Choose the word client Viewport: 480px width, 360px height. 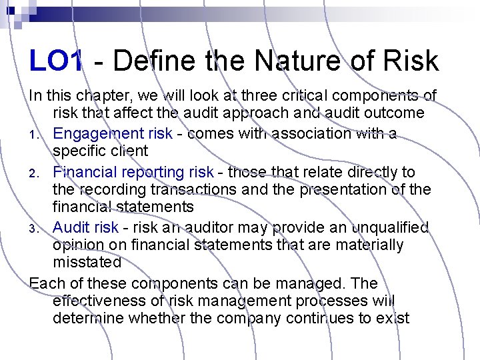point(127,151)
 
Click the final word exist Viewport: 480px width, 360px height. point(393,318)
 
